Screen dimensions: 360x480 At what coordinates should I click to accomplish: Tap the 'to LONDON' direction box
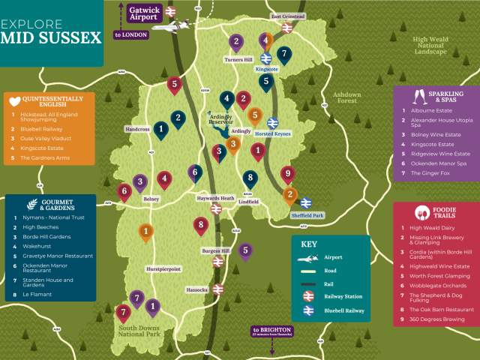click(x=130, y=34)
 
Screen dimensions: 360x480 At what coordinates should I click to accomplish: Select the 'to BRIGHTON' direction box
click(x=271, y=331)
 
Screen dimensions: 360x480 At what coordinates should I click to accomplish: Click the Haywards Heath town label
click(x=216, y=199)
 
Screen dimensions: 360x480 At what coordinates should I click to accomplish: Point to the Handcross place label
click(x=137, y=129)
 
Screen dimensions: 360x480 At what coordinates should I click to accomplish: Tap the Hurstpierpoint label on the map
click(x=163, y=268)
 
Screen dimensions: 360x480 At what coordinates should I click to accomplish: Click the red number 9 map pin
click(x=286, y=174)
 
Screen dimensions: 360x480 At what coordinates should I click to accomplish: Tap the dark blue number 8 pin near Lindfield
click(x=250, y=178)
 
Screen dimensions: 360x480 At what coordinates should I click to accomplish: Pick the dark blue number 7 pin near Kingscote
click(x=283, y=54)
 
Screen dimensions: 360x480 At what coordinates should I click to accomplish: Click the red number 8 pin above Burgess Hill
click(x=200, y=223)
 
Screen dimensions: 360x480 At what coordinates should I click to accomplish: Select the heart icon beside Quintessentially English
click(x=14, y=100)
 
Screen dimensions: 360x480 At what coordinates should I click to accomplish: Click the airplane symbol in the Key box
click(x=309, y=256)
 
